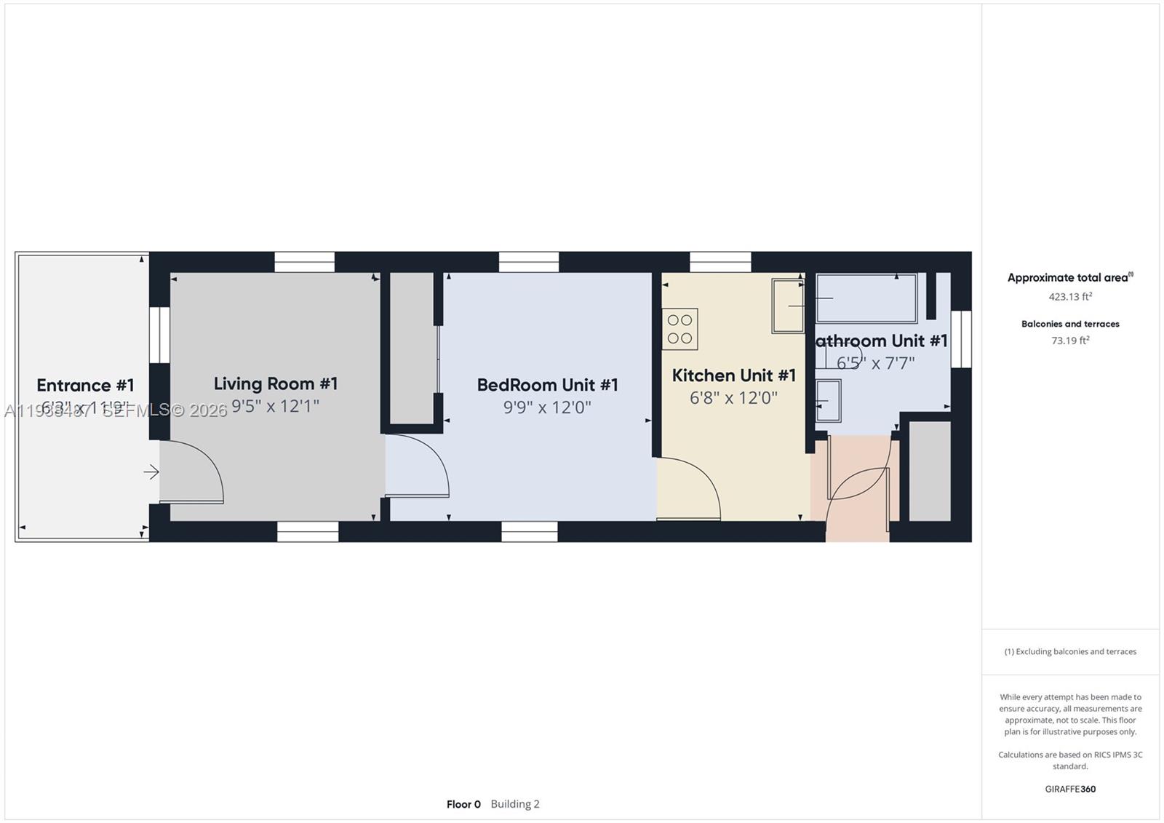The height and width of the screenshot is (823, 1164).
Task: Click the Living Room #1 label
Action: [x=276, y=383]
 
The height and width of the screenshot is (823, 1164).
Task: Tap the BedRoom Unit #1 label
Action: [x=547, y=385]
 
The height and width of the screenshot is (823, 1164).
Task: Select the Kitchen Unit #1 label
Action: [x=733, y=375]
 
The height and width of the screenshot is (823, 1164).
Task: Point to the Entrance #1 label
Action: [x=85, y=385]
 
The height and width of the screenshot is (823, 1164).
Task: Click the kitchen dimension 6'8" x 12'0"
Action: [x=733, y=398]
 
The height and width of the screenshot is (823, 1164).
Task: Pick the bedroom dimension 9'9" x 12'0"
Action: [x=547, y=407]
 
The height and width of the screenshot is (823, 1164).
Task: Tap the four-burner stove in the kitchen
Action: [x=679, y=329]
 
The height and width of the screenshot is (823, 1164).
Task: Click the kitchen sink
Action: [x=788, y=306]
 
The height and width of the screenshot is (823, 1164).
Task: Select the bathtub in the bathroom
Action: [x=866, y=298]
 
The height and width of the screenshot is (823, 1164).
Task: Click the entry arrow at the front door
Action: [x=151, y=472]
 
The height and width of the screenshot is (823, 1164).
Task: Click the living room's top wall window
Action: [x=304, y=262]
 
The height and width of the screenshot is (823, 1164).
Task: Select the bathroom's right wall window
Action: [x=961, y=338]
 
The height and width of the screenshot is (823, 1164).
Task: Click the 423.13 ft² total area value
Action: [x=1069, y=297]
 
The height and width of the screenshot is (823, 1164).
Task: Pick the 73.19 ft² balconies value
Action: [x=1069, y=341]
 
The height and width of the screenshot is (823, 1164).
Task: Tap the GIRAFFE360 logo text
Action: [x=1070, y=789]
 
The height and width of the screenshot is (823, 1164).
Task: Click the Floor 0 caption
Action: [x=463, y=804]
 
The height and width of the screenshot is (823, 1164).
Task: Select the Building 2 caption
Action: [x=515, y=804]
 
